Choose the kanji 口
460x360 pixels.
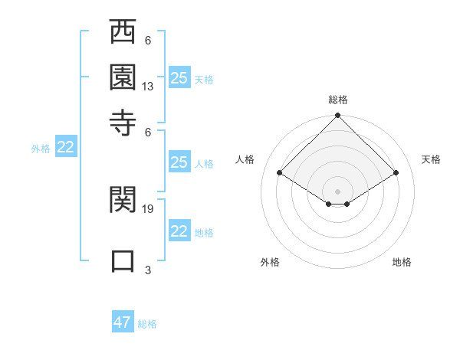pos(123,259)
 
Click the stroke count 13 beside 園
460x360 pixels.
pos(148,87)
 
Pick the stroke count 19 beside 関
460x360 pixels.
pos(148,208)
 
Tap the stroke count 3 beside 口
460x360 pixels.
pos(148,269)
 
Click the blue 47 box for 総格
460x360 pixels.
pos(123,322)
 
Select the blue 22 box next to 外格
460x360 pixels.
pos(66,148)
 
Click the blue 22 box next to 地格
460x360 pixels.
pos(179,231)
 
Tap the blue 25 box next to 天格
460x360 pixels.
pos(179,77)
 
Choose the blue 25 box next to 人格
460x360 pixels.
pos(179,162)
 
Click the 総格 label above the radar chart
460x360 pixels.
pos(338,100)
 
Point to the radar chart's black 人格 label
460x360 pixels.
pos(245,159)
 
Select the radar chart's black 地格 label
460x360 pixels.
pos(402,262)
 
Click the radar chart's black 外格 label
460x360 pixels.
pos(270,262)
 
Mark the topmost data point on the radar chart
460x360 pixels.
pos(338,117)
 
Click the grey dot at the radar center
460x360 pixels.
pos(338,191)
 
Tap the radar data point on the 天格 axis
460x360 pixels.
pos(396,173)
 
